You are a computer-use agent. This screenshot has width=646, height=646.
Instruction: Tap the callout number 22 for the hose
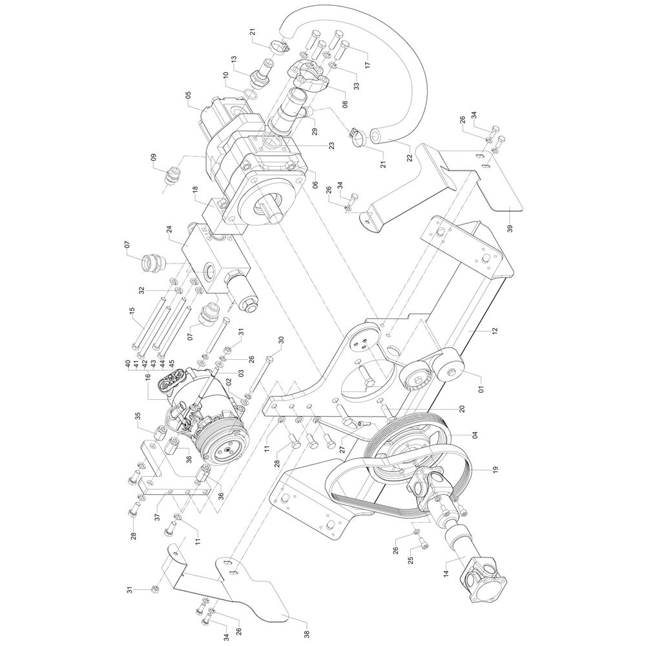[409, 158]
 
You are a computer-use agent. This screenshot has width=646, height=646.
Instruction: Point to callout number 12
[495, 330]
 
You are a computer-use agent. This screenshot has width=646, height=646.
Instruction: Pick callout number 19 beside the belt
[494, 469]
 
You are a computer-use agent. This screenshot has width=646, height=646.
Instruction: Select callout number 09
[154, 158]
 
